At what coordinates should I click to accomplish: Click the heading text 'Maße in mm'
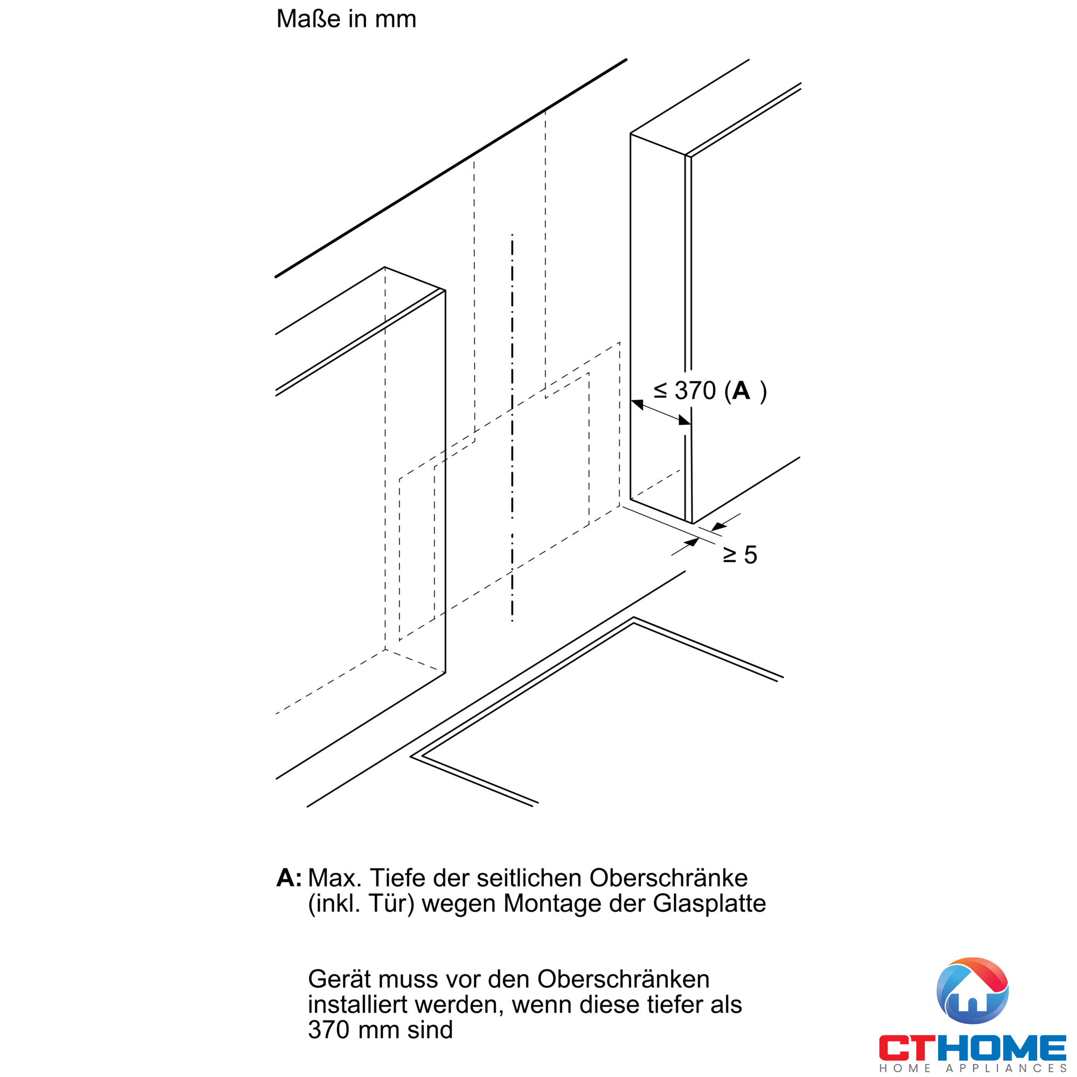tap(346, 19)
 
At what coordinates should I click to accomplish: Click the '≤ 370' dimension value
tap(684, 391)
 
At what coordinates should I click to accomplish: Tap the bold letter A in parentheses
tap(741, 390)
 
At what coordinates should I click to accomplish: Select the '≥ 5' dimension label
tap(740, 555)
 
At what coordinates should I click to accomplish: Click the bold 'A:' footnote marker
tap(289, 878)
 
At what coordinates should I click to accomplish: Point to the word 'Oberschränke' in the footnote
tap(668, 878)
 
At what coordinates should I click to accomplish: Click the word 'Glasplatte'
tap(710, 904)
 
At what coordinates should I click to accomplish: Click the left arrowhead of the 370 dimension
tap(637, 404)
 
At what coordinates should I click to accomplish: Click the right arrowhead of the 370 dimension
tap(684, 420)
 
